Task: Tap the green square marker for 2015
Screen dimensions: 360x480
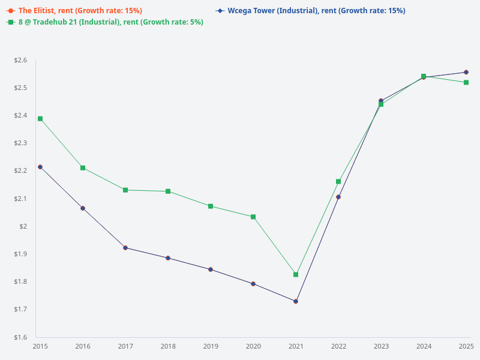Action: (x=40, y=119)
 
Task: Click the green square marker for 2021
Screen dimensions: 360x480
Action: (x=296, y=275)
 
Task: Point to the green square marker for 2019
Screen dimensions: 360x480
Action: (x=211, y=206)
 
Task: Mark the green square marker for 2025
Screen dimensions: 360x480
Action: (x=466, y=82)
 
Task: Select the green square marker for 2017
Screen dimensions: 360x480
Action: (x=125, y=190)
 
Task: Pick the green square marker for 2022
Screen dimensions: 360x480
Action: (x=338, y=181)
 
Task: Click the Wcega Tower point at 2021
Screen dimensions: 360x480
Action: (x=296, y=301)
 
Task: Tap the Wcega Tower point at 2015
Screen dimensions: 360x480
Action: (x=40, y=167)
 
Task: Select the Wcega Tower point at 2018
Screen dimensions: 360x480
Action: (x=168, y=258)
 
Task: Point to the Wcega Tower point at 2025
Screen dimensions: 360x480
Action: (x=466, y=72)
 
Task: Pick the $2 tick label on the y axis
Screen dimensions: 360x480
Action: (x=25, y=226)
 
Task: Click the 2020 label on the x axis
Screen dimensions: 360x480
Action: (x=253, y=347)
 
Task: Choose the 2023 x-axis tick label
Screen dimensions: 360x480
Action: (x=381, y=347)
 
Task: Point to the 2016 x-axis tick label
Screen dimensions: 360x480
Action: (x=83, y=347)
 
